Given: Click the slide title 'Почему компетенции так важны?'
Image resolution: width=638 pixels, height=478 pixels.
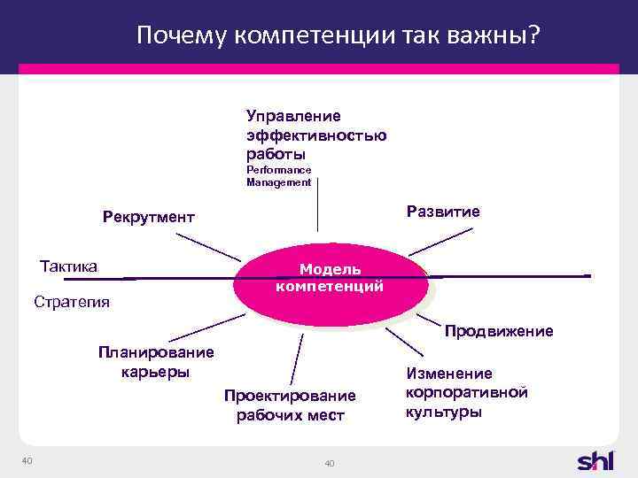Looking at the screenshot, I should point(339,35).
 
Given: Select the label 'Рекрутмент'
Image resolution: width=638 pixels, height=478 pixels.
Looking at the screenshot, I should point(148,218).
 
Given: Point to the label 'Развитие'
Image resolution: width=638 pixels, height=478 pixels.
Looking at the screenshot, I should point(442,212).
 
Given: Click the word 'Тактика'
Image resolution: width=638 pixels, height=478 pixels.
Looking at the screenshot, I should point(69,266).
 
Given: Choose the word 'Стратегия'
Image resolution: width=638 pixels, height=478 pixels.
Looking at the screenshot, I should point(72,302).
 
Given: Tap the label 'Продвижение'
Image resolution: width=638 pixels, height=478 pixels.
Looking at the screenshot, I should point(499,331).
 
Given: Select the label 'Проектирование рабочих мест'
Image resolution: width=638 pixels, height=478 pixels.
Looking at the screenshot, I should point(290,405).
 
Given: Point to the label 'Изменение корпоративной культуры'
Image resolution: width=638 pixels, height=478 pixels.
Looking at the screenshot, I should point(467,393).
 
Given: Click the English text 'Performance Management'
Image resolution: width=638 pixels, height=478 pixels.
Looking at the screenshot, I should point(279,176).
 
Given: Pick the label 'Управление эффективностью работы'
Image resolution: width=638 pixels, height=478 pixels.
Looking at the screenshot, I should point(315,135).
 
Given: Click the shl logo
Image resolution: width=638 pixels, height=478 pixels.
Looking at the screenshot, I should point(600,461).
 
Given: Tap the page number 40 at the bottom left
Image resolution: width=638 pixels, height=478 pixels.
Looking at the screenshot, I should point(27,459).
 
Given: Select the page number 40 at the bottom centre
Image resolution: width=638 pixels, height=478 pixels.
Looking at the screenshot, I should point(330,465).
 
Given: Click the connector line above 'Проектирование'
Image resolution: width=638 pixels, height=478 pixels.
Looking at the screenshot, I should point(297,358).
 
